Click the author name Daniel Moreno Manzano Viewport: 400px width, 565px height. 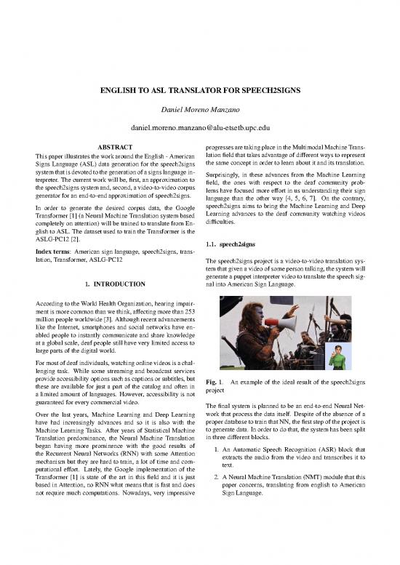pyautogui.click(x=199, y=108)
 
